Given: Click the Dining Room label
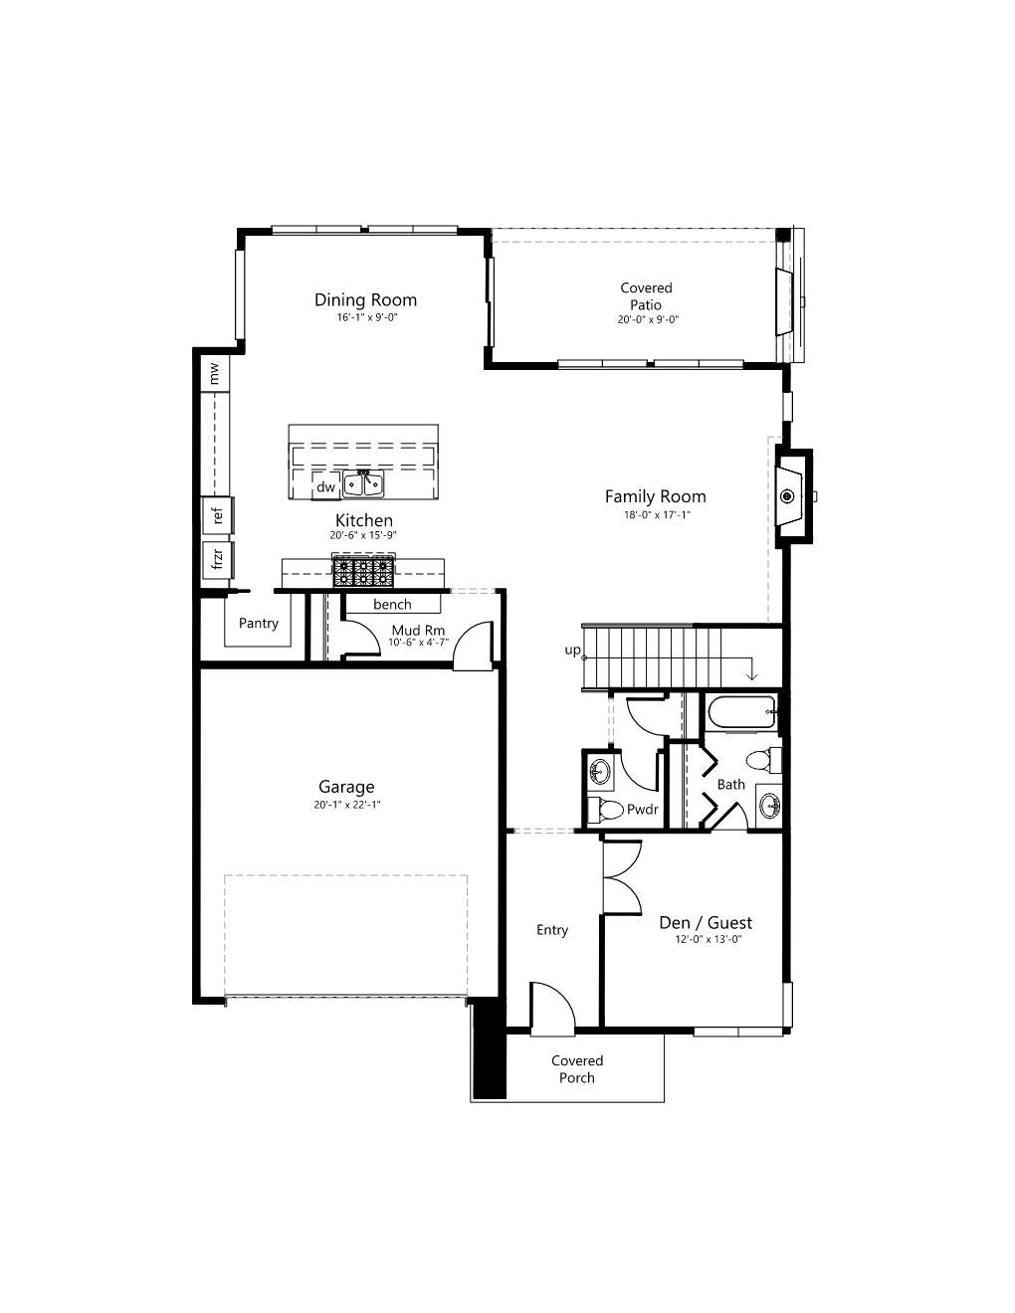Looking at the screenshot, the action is tap(365, 299).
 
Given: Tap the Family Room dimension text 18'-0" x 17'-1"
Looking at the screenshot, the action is tap(657, 515).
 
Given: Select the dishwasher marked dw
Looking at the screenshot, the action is tap(325, 486).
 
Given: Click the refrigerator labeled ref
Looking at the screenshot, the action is tap(218, 515).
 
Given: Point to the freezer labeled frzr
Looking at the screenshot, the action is tap(218, 560).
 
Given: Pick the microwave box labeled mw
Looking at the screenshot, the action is tap(215, 373).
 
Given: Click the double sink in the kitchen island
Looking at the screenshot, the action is tap(363, 484).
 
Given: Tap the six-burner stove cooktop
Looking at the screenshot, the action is tap(363, 571).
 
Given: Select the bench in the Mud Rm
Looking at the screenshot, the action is tap(392, 604).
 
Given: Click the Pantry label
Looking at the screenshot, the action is tap(258, 623).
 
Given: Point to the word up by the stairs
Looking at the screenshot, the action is tap(572, 651).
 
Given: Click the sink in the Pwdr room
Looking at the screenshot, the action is tap(600, 773).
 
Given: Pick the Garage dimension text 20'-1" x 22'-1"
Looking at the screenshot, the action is tap(347, 805).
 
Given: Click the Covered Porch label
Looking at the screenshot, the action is tap(577, 1069).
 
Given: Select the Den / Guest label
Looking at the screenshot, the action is tap(706, 923).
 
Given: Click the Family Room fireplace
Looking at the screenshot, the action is tap(793, 496).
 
